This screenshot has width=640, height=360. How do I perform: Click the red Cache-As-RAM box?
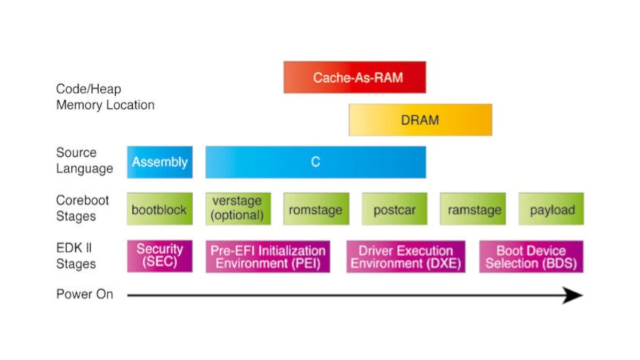point(355,77)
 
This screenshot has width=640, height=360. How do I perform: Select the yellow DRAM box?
point(420,119)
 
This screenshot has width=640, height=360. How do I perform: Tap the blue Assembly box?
point(159,162)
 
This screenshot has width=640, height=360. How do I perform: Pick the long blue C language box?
point(316,162)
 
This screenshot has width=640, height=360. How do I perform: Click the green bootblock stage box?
point(159,209)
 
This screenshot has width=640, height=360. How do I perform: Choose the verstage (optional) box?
point(238,209)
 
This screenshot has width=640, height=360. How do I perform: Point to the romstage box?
point(316,209)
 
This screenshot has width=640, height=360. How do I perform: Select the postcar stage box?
point(395,209)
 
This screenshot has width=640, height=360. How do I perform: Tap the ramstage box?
point(473,209)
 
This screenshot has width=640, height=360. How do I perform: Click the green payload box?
point(551,209)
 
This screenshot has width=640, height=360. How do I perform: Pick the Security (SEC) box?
point(159,257)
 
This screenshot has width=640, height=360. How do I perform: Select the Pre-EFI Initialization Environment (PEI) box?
point(268,257)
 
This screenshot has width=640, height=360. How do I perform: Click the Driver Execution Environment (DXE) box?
point(406,257)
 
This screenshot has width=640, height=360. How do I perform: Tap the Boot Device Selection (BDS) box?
point(531,257)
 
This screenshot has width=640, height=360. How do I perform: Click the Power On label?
point(85,294)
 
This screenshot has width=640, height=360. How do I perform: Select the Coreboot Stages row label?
point(82,209)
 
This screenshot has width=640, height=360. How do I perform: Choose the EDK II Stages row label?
point(76,255)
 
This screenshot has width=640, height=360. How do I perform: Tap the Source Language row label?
point(85,161)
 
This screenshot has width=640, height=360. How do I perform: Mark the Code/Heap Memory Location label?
point(105,97)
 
